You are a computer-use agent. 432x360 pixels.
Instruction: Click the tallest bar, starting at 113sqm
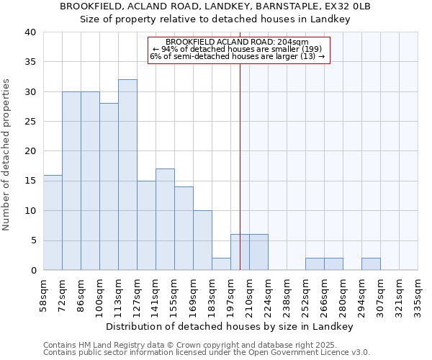click(x=127, y=175)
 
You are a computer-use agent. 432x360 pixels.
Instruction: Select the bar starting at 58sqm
click(x=53, y=222)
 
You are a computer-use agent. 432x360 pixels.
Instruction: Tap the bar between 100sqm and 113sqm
click(x=109, y=186)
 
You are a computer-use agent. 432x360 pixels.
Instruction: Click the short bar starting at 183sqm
click(x=221, y=264)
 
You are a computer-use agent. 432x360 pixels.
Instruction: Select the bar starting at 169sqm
click(x=202, y=240)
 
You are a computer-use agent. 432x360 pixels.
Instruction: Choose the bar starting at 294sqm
click(x=371, y=264)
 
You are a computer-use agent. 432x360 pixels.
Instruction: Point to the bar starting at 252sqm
click(x=315, y=264)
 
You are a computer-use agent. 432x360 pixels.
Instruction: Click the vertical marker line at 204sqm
click(x=240, y=144)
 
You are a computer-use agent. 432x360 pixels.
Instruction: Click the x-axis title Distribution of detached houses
click(x=230, y=326)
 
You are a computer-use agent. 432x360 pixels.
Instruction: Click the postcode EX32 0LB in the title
click(x=348, y=6)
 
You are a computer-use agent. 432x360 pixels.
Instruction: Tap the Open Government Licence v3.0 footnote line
click(x=207, y=353)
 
